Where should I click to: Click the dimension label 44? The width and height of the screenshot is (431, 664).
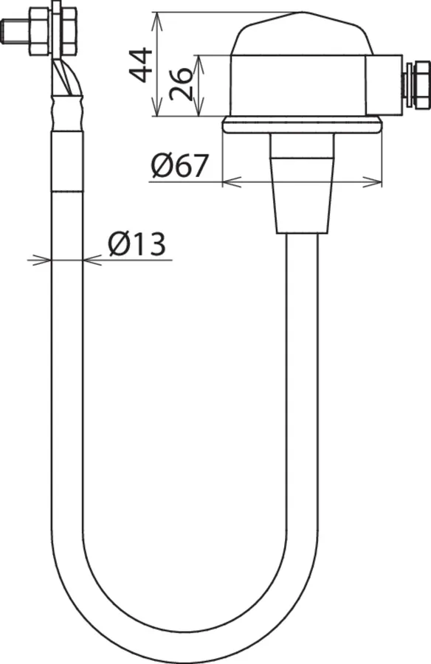point(140,65)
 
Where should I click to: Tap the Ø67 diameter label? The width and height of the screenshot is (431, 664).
point(179,165)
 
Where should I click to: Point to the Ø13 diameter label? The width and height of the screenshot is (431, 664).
point(136,244)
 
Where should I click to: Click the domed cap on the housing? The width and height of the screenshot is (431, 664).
point(301,35)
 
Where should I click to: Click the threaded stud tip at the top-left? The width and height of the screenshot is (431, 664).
point(8,31)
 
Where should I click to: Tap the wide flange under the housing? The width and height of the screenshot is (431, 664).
point(302,125)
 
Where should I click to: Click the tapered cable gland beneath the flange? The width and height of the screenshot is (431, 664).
point(302,184)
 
